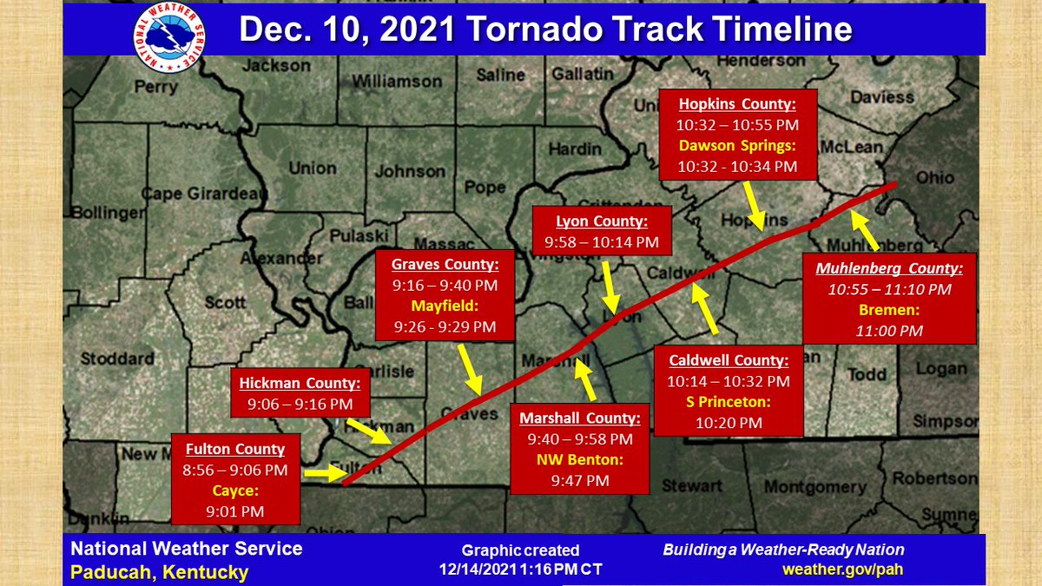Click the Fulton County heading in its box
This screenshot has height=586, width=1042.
coord(234,449)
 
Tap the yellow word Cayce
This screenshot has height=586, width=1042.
coord(234,491)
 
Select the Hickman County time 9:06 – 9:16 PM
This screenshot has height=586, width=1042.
coord(300,404)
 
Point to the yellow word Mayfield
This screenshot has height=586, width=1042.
coord(444,306)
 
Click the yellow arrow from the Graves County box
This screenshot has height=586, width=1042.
coord(469,372)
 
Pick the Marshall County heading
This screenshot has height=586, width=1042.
coord(579,418)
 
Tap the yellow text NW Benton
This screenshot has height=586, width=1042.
coord(579,460)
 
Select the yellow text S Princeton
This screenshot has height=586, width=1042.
coord(729,402)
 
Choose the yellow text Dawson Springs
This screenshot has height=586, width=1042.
coord(737,145)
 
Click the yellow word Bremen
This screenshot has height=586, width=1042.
coord(890,309)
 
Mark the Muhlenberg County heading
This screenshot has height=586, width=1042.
coord(889,268)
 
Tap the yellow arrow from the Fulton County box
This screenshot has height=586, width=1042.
coord(323,473)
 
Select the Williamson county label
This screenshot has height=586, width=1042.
coord(398,81)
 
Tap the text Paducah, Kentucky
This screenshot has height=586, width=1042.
coord(159,572)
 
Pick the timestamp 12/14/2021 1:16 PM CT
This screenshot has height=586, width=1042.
coord(520,569)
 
